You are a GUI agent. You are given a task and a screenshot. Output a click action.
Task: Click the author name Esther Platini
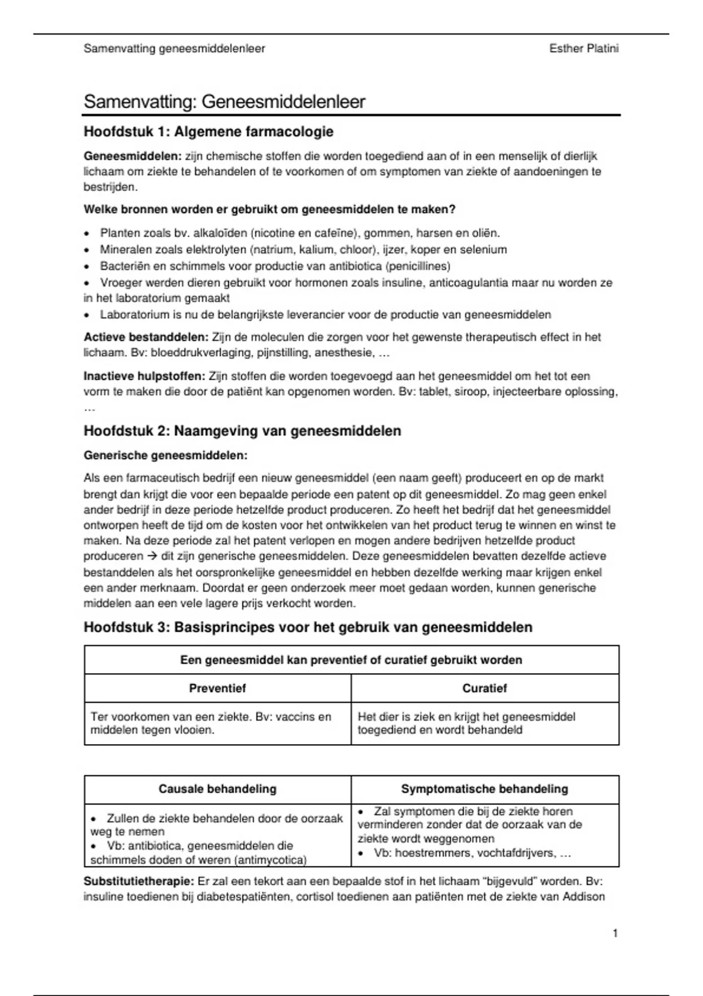[x=583, y=49]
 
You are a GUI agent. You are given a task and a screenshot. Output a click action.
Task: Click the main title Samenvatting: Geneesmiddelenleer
[x=224, y=102]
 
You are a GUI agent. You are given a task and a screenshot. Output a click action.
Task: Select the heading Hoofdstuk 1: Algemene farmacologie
[x=209, y=132]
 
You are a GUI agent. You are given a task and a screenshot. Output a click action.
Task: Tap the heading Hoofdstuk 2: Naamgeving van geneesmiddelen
[x=243, y=431]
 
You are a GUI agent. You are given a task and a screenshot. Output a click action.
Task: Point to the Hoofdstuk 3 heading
[x=308, y=627]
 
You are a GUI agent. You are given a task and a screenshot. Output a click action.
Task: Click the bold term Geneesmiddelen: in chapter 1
[x=133, y=156]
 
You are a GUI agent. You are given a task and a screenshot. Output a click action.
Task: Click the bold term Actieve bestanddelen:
[x=146, y=337]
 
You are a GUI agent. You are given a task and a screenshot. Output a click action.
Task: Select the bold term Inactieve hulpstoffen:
[x=144, y=376]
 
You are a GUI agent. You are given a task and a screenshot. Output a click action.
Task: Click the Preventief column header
[x=217, y=688]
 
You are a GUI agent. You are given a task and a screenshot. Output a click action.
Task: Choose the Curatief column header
[x=484, y=688]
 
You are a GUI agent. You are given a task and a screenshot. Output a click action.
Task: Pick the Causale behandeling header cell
[x=217, y=789]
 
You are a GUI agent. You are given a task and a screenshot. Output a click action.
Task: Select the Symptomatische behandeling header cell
[x=484, y=789]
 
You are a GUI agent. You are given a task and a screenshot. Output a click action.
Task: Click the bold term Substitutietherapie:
[x=139, y=882]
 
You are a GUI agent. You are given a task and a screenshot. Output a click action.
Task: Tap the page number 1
[x=615, y=933]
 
